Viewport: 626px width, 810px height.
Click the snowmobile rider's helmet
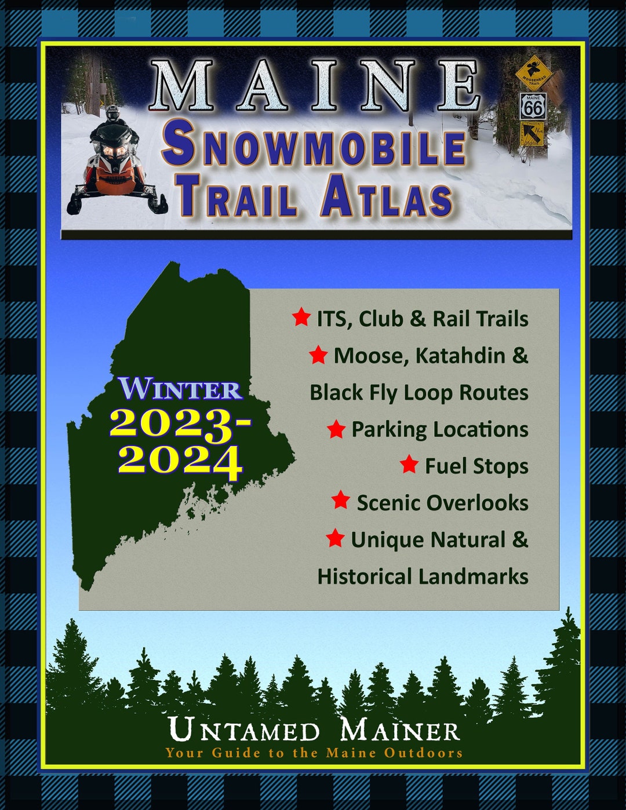pos(112,114)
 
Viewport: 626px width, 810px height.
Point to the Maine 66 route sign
pos(533,106)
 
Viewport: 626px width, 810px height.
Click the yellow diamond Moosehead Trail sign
pos(533,72)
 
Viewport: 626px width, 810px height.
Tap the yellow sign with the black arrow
pos(532,135)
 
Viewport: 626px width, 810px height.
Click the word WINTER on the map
pos(180,389)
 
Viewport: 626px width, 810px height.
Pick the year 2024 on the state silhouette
pos(180,461)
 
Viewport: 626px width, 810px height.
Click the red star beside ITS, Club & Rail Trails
pos(301,318)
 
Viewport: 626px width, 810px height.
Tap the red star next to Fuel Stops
pos(409,465)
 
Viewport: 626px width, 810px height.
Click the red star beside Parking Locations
pos(336,429)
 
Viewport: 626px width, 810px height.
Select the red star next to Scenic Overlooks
pos(341,501)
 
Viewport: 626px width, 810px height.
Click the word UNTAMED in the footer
pos(244,730)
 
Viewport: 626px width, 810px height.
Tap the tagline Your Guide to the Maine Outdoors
pos(314,753)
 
